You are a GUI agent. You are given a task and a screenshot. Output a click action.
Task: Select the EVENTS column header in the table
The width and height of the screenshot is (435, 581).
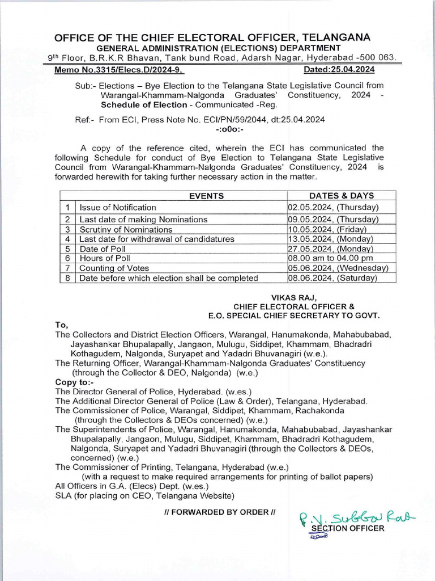206,196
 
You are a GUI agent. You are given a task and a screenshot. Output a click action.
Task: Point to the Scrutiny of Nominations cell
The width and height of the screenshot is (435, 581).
126,229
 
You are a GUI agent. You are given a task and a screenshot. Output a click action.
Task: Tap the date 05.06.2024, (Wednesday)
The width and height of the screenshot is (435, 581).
338,268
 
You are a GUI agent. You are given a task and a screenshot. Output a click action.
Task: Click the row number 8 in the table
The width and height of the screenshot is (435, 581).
67,278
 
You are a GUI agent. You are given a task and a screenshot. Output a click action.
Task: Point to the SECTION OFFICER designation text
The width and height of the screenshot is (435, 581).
348,528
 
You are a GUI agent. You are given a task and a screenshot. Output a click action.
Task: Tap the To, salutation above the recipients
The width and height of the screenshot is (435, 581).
61,325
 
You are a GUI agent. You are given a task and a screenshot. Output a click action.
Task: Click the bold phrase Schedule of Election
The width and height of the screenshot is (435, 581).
144,104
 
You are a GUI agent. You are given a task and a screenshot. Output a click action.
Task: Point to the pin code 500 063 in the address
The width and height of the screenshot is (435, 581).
376,57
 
